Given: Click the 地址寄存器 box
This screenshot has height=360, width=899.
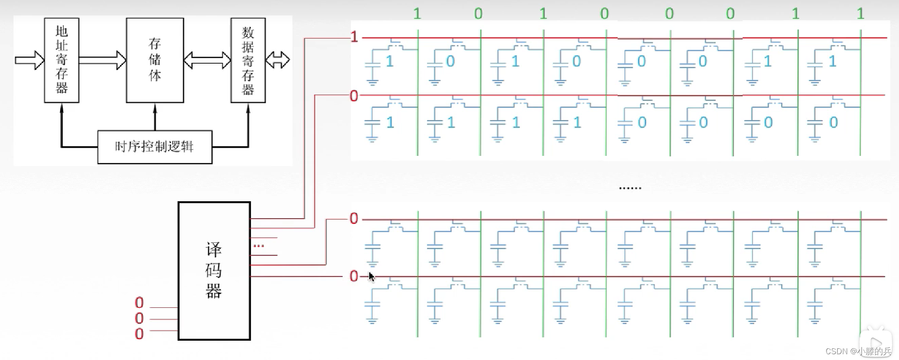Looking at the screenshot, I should (61, 60).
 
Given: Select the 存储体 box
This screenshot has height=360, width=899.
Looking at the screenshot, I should (155, 60).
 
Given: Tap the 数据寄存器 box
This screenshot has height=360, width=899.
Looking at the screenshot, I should (248, 60).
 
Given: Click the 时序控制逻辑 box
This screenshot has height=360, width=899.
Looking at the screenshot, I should (155, 147).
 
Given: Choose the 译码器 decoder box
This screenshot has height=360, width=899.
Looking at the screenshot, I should (214, 271).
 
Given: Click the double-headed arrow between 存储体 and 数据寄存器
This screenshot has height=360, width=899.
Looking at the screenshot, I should (207, 60).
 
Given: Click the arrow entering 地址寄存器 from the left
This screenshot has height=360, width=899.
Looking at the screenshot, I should (29, 60).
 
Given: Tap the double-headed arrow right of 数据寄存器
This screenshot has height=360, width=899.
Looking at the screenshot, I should (278, 60).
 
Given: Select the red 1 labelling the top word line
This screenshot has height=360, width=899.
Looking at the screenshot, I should (354, 37).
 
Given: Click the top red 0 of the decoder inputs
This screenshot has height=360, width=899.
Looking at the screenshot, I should (139, 303).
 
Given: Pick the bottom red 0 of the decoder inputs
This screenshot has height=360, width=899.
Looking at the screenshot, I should (139, 333).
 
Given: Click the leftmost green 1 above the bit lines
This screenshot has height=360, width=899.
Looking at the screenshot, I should (417, 14).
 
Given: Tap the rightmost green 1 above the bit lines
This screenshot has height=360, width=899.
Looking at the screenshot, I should (860, 14).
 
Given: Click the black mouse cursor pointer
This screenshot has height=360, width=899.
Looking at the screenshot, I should (371, 277).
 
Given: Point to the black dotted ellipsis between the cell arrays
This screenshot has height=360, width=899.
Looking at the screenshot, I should (630, 188).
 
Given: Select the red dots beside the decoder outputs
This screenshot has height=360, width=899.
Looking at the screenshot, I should (259, 246).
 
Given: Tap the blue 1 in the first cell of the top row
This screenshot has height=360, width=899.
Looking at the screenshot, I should (390, 61).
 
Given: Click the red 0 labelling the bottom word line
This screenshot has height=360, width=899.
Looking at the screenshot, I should (354, 276).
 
